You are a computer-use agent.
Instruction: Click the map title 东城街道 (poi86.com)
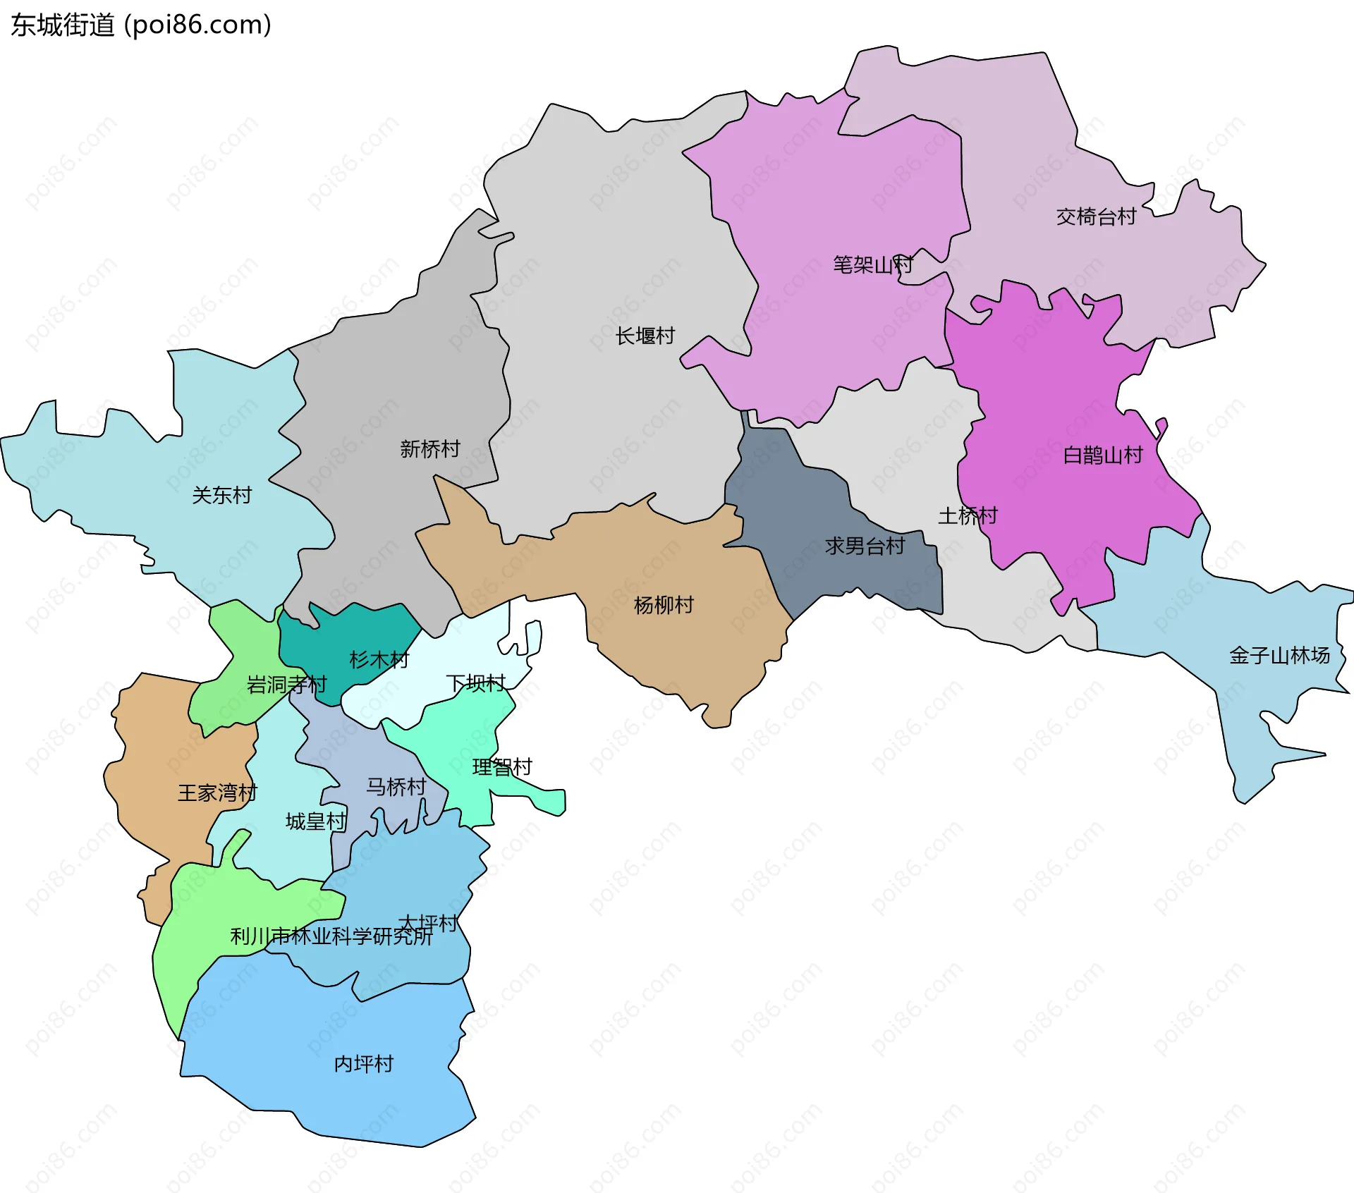141,25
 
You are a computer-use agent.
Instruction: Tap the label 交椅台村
1096,216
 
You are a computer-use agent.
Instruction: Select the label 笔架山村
873,265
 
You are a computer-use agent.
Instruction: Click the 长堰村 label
645,336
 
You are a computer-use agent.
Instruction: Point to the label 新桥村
430,448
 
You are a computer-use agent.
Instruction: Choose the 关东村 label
222,495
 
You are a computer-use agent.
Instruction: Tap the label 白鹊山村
1103,455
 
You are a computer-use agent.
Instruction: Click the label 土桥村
968,516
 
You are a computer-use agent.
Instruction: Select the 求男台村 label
865,546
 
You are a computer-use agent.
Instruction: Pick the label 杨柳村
664,605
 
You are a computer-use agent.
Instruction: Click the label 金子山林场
1279,656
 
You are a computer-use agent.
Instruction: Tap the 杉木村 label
379,660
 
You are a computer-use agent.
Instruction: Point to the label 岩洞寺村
287,685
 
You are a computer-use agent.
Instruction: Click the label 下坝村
476,683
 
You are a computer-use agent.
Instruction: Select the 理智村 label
502,767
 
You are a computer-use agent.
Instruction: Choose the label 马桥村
396,787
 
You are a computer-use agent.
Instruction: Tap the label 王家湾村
217,793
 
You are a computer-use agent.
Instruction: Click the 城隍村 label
316,821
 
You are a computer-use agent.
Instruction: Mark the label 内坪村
364,1064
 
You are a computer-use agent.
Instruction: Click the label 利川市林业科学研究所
331,936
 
